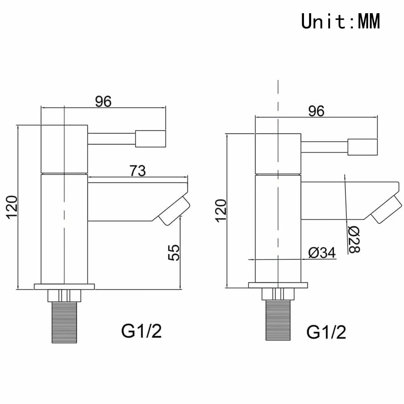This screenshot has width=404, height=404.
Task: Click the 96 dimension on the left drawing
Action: pos(103,101)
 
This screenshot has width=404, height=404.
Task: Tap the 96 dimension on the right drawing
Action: pos(316,111)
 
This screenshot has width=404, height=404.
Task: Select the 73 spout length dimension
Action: pos(137,171)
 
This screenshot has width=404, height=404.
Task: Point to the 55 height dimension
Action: pos(174,253)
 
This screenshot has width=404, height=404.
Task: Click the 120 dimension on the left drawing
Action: pos(12,207)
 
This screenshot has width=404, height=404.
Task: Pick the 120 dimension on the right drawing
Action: pos(221,211)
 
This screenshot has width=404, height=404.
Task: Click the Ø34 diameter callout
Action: pos(322,253)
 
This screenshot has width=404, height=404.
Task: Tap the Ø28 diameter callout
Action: pos(354,240)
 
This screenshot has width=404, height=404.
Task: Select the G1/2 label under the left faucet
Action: pos(141,331)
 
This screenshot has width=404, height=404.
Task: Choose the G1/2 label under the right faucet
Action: pos(326,333)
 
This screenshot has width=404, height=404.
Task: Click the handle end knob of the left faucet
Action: pos(151,139)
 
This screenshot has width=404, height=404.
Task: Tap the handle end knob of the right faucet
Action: pos(363,147)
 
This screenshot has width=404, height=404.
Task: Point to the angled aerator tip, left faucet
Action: pos(174,211)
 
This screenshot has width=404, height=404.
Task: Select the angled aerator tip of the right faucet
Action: pos(386,209)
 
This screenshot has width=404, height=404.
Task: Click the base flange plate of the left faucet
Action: pos(64,287)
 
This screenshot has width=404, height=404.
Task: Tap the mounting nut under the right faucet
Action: pos(278,294)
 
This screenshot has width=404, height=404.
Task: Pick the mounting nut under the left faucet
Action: pos(64,296)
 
